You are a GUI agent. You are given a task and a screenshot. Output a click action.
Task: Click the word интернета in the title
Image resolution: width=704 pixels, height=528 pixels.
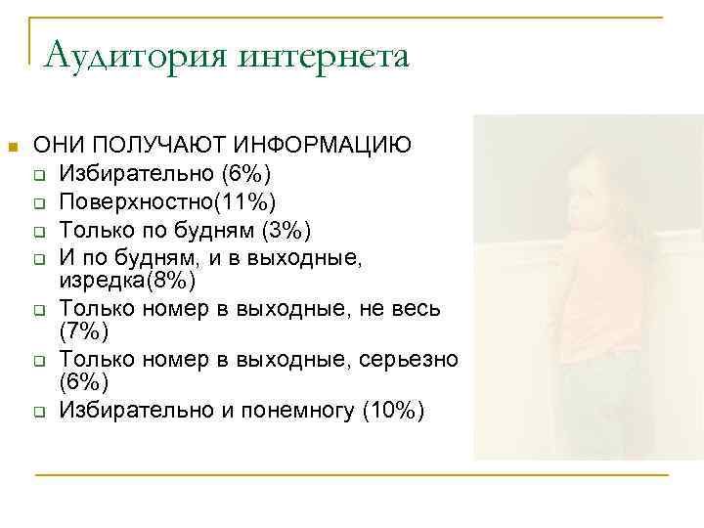pos(334,56)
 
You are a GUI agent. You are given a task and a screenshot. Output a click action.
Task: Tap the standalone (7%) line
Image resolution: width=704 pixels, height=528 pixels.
pos(77,334)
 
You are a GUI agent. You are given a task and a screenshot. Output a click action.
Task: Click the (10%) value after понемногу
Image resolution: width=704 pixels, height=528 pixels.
pos(394,411)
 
